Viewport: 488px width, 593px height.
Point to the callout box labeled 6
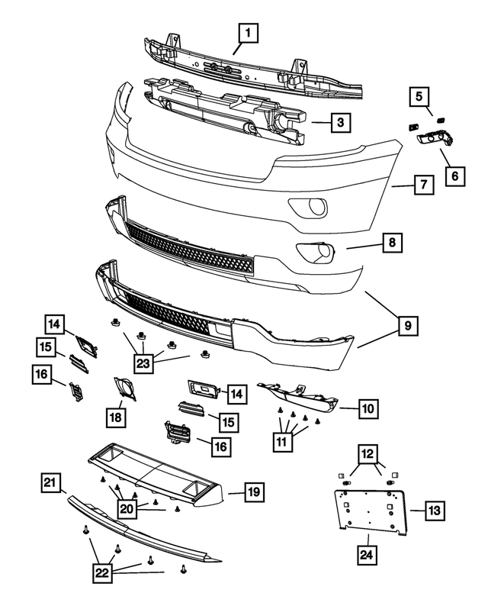(x=454, y=176)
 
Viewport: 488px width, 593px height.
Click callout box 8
(x=391, y=243)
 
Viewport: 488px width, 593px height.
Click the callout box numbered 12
(x=368, y=456)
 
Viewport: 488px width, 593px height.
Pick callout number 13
(x=435, y=510)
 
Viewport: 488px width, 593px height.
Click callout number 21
(x=51, y=483)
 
